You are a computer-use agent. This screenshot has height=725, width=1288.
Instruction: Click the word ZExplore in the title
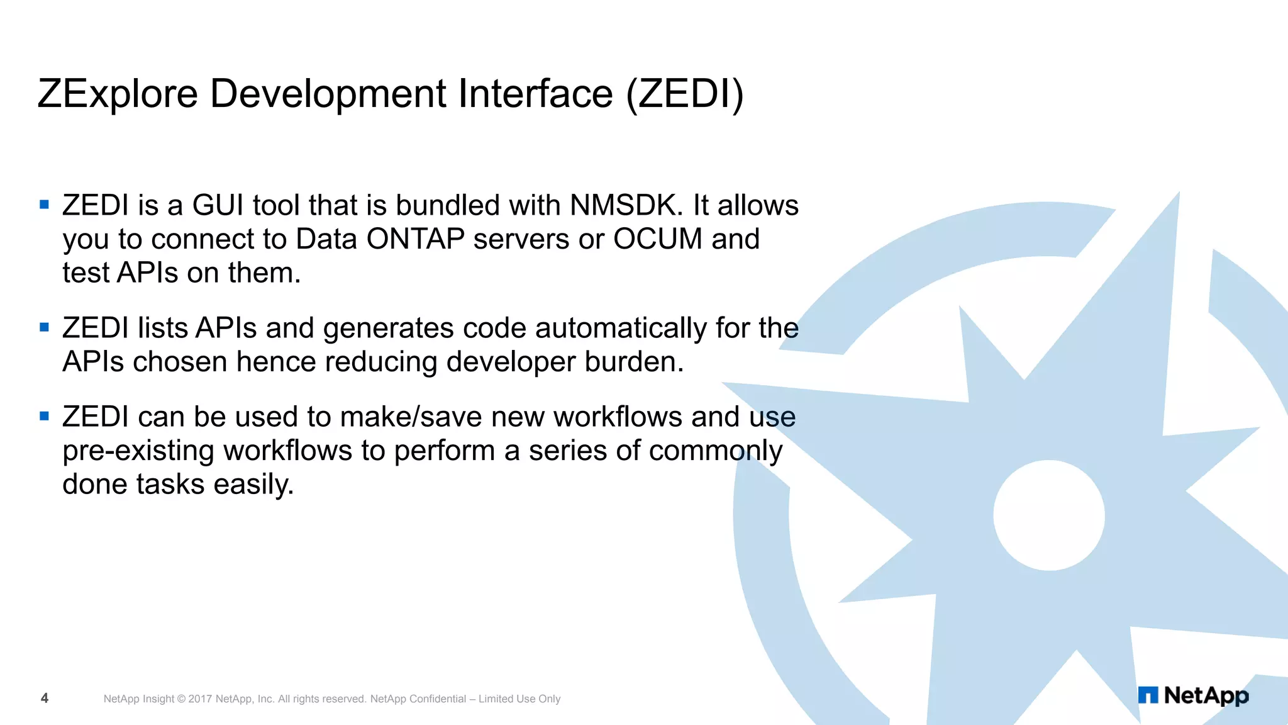tap(118, 94)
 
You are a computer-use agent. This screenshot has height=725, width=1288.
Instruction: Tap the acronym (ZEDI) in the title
tap(685, 94)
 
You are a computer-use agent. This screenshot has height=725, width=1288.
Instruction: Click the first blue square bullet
tap(44, 205)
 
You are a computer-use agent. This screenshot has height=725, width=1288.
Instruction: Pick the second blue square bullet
tap(44, 327)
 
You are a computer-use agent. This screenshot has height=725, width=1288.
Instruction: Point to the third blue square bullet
tap(44, 416)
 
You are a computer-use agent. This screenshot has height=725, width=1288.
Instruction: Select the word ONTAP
tap(415, 239)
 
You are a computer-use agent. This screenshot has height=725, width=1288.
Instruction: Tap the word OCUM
tap(658, 239)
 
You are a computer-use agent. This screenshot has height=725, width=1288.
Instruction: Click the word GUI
tap(218, 205)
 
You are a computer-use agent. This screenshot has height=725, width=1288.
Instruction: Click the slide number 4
tap(45, 698)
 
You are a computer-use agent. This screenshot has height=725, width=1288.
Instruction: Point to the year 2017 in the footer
tap(200, 699)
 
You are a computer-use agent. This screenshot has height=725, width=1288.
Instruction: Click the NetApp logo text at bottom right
tap(1206, 695)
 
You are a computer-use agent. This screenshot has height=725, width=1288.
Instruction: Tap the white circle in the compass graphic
tap(1049, 515)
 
